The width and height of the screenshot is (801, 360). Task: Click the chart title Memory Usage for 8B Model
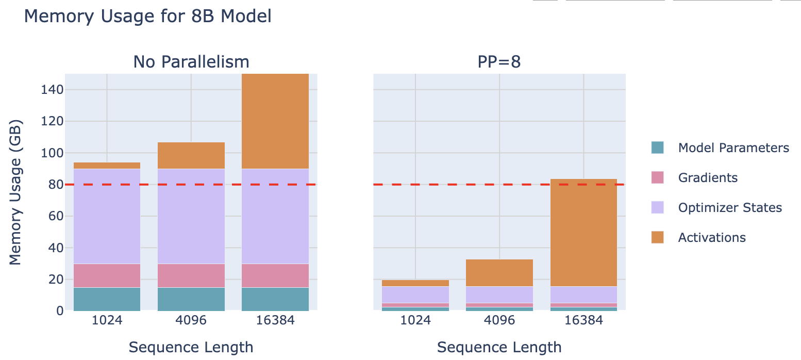click(x=147, y=17)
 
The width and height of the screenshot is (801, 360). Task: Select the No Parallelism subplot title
click(x=191, y=62)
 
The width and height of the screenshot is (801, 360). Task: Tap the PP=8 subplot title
click(x=499, y=62)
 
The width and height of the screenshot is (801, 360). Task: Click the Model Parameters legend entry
click(x=733, y=148)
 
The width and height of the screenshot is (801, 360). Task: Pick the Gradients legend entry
click(x=707, y=178)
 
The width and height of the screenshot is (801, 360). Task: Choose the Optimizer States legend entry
click(x=729, y=208)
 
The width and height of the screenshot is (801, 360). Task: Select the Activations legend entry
click(x=711, y=238)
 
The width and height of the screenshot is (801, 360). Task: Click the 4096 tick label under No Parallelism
click(x=191, y=320)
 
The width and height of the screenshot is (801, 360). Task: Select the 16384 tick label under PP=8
click(x=583, y=320)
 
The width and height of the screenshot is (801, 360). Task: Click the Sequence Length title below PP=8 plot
click(x=499, y=347)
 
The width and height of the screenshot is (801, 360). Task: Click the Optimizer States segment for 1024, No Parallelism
click(x=107, y=217)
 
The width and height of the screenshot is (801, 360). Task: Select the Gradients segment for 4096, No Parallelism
click(x=191, y=275)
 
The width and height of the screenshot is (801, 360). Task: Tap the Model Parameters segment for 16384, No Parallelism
click(x=275, y=299)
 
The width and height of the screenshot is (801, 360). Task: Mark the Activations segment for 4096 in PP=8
click(x=499, y=273)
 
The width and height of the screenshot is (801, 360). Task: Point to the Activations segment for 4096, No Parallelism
click(x=191, y=156)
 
